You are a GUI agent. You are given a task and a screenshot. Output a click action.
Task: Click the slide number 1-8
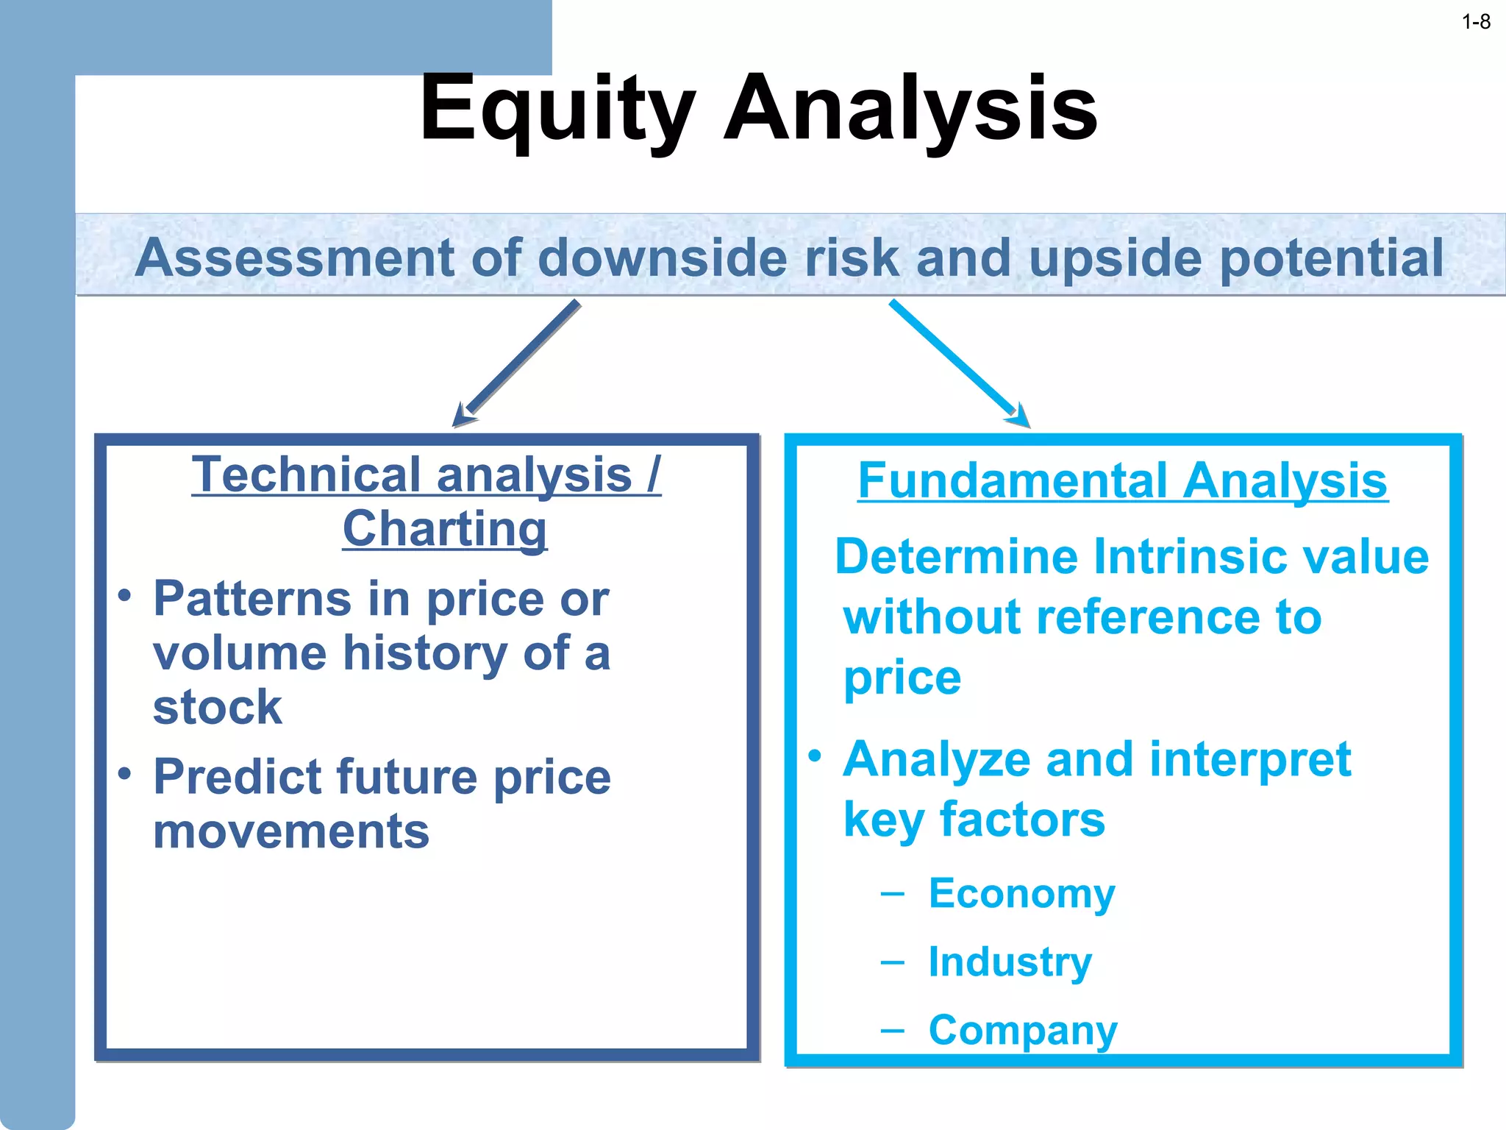coord(1476,22)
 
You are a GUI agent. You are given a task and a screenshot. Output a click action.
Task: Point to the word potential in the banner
coord(1332,259)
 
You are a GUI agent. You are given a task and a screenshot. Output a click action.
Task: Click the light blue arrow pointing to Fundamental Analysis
coord(956,360)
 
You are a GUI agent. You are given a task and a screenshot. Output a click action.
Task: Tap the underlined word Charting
coord(445,528)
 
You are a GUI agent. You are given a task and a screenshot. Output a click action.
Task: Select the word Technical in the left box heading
coord(310,475)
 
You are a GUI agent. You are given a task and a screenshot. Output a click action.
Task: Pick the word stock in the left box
coord(217,707)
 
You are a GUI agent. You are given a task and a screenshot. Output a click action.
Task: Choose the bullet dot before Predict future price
coord(125,773)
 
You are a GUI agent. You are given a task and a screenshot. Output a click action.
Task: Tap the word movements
coord(290,831)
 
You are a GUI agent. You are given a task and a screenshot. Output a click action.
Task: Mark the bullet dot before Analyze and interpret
coord(814,756)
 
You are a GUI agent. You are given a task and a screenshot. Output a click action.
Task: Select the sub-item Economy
coord(1021,894)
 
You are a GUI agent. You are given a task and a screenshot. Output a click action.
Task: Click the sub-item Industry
coord(1010,962)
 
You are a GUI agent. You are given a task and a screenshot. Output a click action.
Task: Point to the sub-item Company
coord(1022,1030)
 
